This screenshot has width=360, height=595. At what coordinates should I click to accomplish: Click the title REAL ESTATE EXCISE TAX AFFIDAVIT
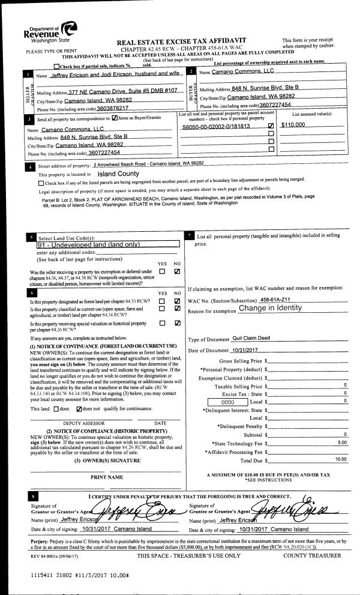coord(190,42)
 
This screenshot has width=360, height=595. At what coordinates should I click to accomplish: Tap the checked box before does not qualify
coord(79,409)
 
